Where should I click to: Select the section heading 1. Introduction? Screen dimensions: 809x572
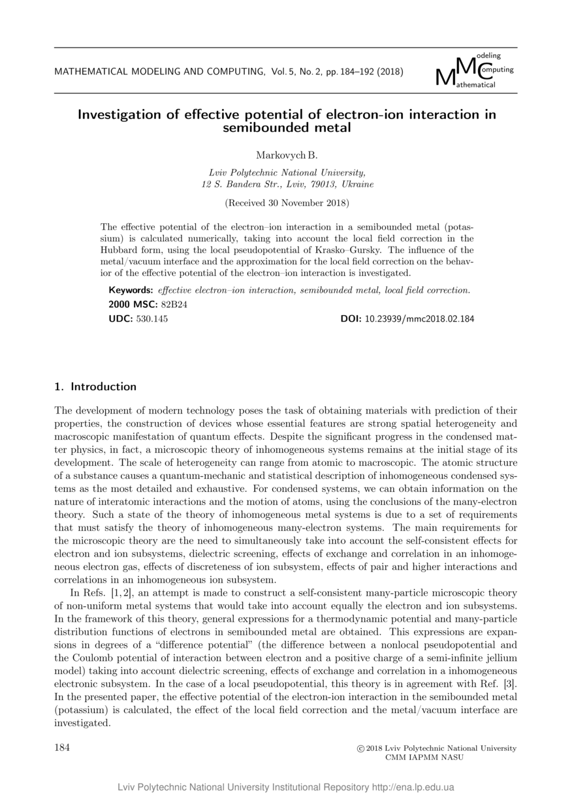95,386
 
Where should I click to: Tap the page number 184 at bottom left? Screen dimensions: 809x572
62,748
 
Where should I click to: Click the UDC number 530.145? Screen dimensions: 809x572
152,319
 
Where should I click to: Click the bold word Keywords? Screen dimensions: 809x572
131,290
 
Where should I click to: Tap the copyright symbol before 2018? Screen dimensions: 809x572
360,748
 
